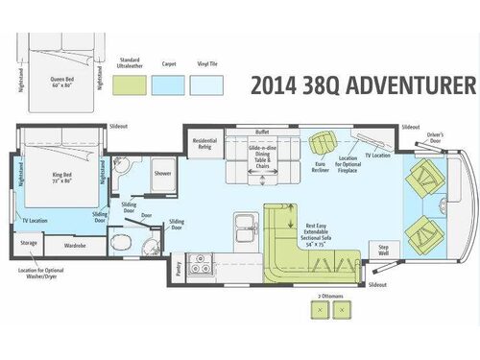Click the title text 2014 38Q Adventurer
(x=362, y=85)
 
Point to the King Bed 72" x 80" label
(x=55, y=179)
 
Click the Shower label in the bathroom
(x=162, y=174)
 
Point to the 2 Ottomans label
(x=330, y=297)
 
